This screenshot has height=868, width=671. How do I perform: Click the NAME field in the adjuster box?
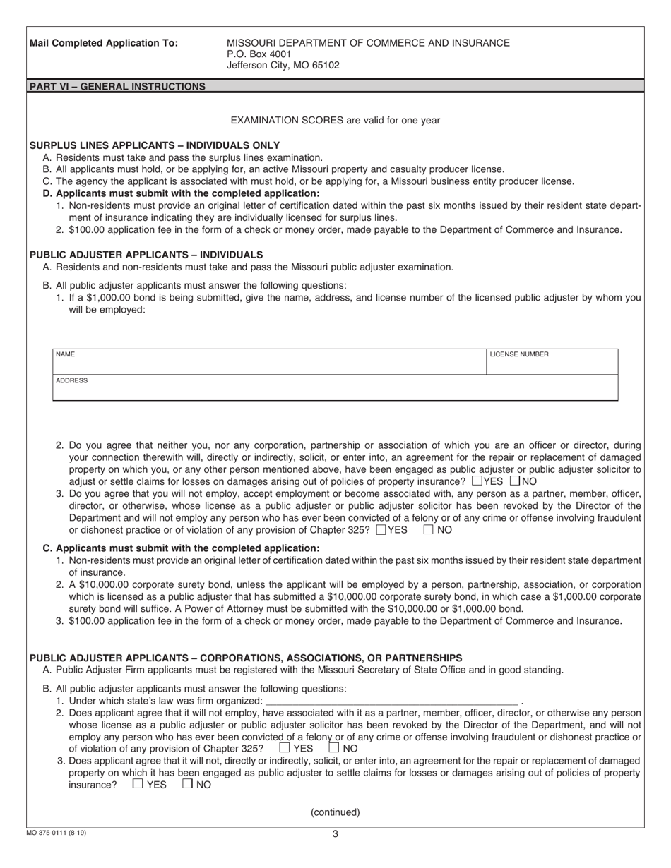(x=268, y=361)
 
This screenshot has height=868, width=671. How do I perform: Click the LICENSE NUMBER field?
(x=552, y=361)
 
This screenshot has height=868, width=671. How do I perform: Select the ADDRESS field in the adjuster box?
(x=335, y=388)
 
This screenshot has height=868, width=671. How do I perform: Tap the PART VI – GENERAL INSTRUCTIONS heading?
(x=117, y=87)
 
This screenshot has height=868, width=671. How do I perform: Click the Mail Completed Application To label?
(x=104, y=43)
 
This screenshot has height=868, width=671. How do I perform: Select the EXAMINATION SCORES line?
(x=335, y=120)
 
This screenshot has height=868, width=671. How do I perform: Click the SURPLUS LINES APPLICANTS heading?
(x=154, y=145)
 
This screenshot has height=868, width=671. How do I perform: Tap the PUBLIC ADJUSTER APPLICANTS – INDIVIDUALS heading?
(x=146, y=254)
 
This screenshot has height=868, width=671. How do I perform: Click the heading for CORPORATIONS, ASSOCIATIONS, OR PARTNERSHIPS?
(x=246, y=658)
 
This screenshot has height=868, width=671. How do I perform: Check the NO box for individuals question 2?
(x=514, y=481)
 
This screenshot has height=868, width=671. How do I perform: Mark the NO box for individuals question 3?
(x=428, y=529)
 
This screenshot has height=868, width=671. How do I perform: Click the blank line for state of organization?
(x=391, y=701)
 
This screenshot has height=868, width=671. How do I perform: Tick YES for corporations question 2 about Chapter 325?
(x=285, y=747)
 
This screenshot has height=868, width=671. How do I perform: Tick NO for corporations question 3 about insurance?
(x=187, y=783)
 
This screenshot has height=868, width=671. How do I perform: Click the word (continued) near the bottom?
(x=335, y=812)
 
